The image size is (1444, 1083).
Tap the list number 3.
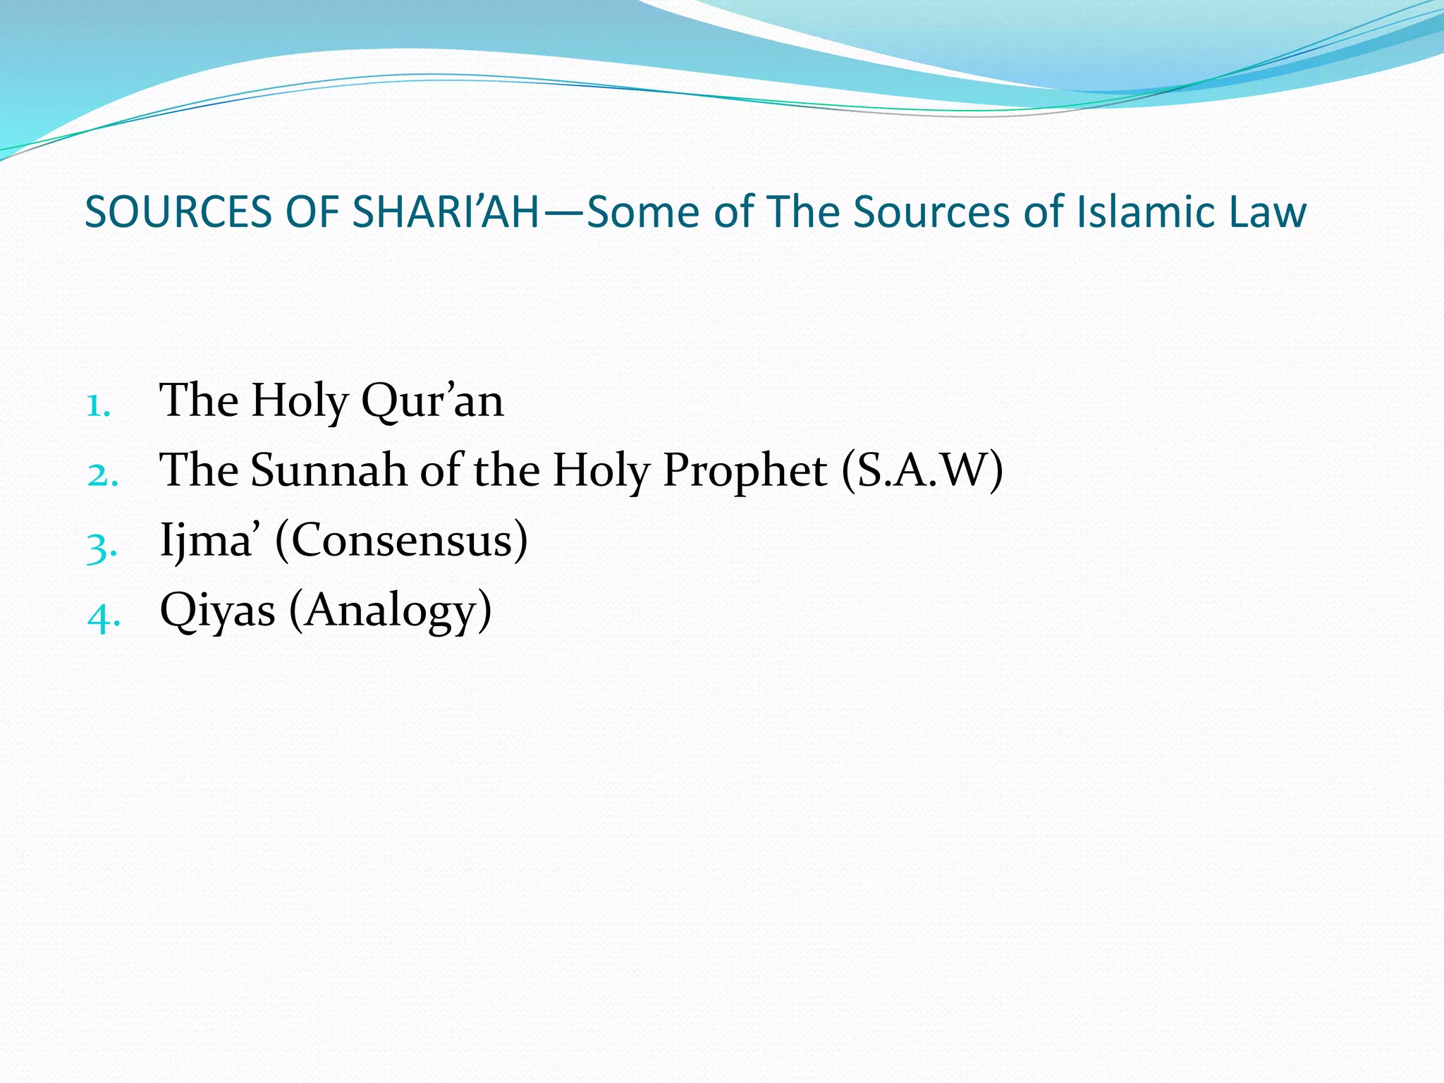click(102, 547)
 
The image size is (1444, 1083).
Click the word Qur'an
click(432, 400)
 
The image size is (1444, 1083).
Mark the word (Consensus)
click(401, 540)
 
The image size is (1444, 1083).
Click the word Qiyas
click(217, 611)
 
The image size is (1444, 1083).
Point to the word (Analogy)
click(390, 611)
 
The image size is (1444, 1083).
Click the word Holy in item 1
click(300, 400)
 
